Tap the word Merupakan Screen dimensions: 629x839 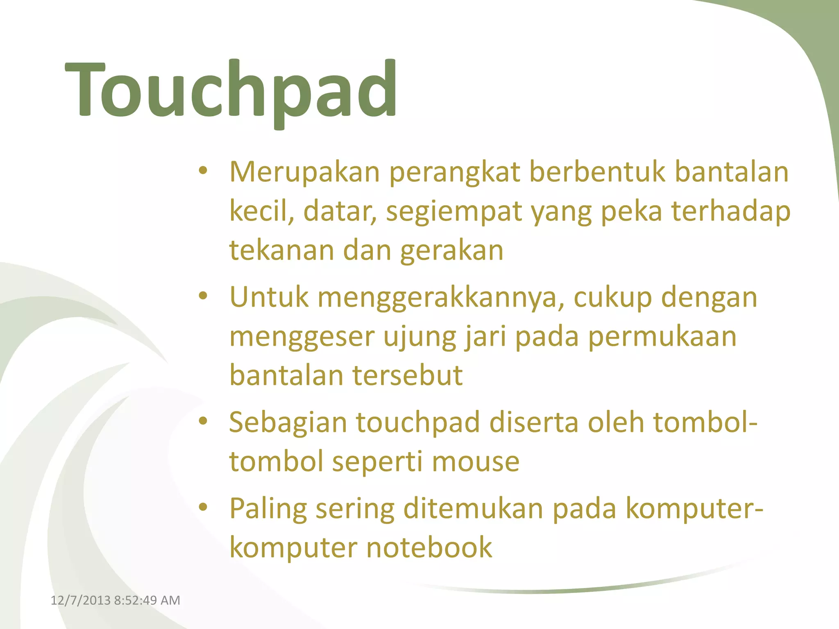point(304,172)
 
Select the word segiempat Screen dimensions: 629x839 point(454,212)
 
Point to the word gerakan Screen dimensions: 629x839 point(451,251)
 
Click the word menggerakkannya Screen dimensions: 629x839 point(438,297)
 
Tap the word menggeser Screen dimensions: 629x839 point(302,337)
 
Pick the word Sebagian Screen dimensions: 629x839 point(288,423)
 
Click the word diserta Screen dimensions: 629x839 point(534,423)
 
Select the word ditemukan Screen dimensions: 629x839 point(473,509)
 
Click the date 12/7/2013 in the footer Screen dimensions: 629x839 point(80,600)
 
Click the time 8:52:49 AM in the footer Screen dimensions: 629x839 point(147,600)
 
